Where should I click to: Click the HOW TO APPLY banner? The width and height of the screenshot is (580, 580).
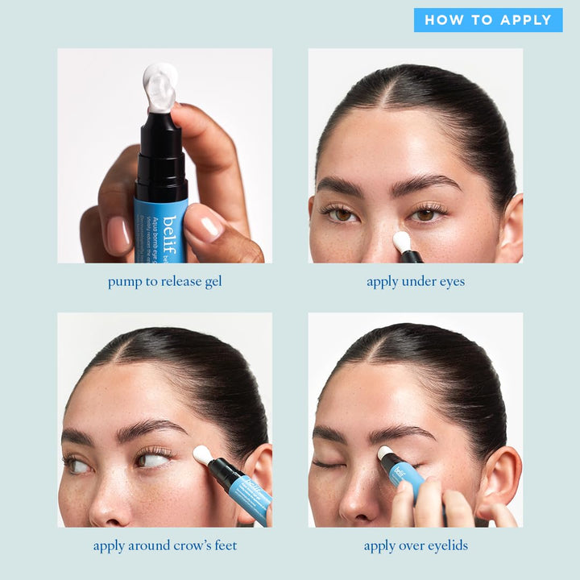[x=488, y=20]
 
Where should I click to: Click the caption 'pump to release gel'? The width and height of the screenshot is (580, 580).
[x=164, y=281]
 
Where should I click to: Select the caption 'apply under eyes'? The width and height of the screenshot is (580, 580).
[x=416, y=281]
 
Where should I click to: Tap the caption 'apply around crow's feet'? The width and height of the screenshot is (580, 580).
[x=164, y=545]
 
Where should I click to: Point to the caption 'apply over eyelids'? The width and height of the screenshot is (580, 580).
[x=416, y=545]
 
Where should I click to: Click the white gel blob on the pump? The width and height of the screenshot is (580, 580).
[x=160, y=86]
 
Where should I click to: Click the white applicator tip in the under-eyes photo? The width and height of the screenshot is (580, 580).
[x=402, y=241]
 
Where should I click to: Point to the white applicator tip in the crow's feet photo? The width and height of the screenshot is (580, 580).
[x=202, y=455]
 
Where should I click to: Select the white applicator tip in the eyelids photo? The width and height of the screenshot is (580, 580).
[x=385, y=454]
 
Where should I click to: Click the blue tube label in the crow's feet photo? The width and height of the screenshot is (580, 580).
[x=251, y=496]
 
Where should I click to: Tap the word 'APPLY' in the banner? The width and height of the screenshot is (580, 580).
[x=524, y=20]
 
